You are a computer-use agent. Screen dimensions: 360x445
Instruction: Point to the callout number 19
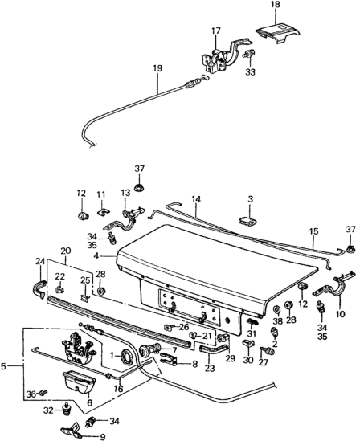pos(157,69)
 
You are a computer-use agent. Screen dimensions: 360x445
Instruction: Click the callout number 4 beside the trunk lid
pos(96,256)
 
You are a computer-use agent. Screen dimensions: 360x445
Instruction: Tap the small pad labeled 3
pos(247,222)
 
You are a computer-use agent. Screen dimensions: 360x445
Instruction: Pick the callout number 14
pos(196,199)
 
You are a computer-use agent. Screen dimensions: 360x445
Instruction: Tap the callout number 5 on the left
pos(3,366)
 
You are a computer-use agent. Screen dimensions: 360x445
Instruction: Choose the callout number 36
pos(31,394)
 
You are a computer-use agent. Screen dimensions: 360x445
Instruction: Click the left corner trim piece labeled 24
pos(38,289)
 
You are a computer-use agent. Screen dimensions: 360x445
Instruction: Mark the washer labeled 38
pos(276,309)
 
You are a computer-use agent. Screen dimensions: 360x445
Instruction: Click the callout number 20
pos(66,251)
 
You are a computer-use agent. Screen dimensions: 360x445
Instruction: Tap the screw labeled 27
pos(268,351)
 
